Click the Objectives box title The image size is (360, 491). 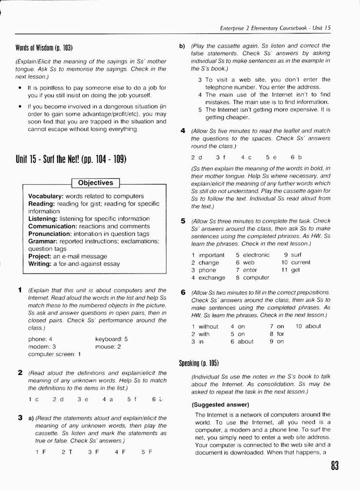[96, 183]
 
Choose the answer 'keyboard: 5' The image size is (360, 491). [112, 339]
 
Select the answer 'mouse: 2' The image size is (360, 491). [108, 347]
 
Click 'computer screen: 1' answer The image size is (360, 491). [55, 354]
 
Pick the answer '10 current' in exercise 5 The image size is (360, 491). [295, 262]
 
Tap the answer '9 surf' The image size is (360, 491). [293, 254]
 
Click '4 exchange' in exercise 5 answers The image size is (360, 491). [208, 278]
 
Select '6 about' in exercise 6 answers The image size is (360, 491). [242, 341]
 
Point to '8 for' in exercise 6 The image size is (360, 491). [276, 334]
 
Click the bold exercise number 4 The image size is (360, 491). [183, 131]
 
